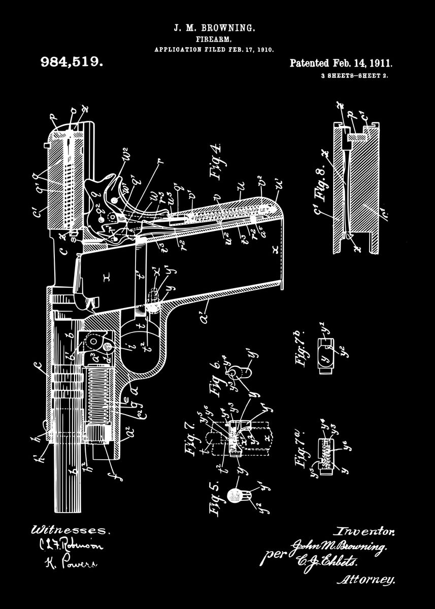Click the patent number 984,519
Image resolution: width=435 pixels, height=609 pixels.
(72, 62)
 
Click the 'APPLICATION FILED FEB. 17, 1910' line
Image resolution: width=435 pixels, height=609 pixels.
(214, 50)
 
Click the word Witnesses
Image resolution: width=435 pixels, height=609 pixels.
(70, 530)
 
